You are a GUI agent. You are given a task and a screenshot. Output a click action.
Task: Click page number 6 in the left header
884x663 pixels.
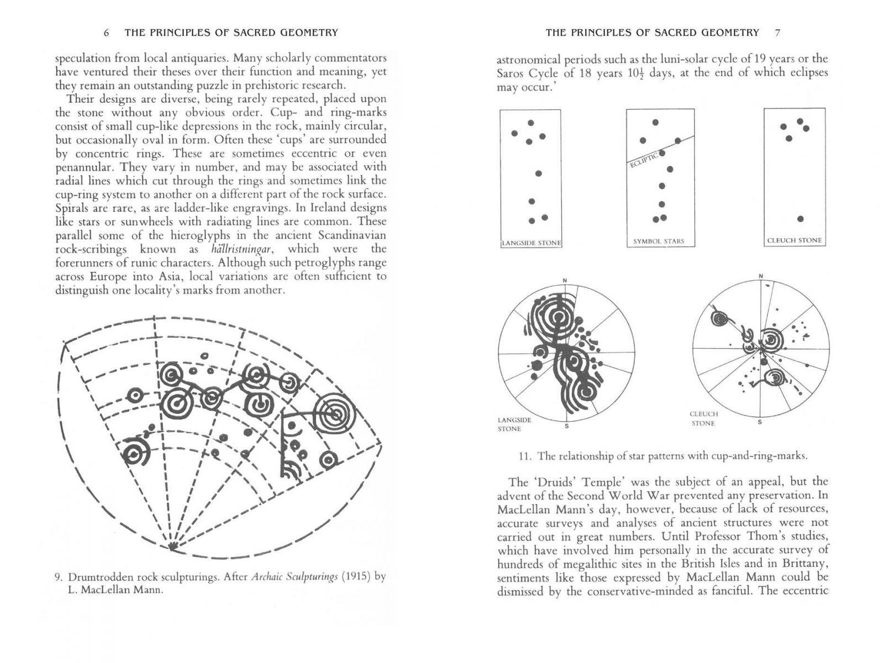[106, 33]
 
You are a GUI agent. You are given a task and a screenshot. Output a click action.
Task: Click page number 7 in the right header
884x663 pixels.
[777, 33]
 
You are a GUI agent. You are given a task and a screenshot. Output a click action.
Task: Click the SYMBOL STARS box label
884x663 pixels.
[659, 241]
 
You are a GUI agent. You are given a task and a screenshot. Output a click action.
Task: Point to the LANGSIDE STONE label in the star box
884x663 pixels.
[531, 243]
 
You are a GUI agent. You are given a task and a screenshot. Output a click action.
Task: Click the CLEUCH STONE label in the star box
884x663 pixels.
[794, 241]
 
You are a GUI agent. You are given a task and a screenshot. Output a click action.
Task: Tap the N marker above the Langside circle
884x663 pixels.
[565, 281]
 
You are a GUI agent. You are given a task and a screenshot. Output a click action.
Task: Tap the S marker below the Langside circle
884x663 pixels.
[566, 425]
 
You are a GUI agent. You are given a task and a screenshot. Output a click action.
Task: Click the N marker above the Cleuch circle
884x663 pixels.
[761, 276]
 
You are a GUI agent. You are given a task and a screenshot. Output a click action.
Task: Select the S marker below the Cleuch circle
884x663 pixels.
[760, 423]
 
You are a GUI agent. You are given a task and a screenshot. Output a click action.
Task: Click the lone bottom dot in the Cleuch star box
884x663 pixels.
[801, 219]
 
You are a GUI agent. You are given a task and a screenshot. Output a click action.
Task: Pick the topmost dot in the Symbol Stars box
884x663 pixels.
[655, 122]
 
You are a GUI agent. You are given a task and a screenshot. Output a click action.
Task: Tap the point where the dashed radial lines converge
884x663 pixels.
[173, 546]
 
